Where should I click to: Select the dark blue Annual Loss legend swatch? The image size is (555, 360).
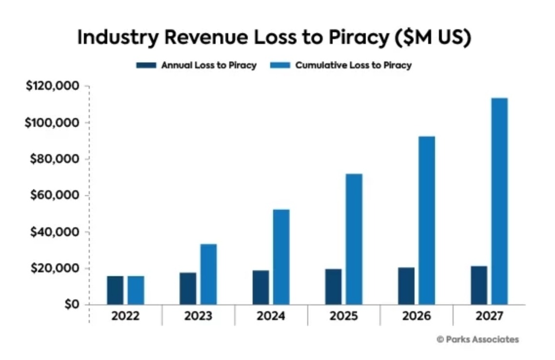(146, 65)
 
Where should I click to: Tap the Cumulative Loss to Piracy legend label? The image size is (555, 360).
(353, 65)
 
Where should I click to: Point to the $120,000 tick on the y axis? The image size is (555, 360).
(52, 86)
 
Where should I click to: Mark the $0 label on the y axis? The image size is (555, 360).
(71, 305)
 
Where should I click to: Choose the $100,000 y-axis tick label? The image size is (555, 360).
(52, 123)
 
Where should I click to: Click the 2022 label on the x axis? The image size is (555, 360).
(125, 316)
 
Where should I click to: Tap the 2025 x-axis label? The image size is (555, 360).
(344, 316)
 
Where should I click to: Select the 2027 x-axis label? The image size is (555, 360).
(489, 316)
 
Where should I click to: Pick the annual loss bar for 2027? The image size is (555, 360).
(478, 285)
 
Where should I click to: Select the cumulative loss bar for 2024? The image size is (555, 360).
(281, 257)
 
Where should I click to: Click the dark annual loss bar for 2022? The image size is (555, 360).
(115, 291)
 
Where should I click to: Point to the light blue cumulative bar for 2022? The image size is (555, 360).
(136, 291)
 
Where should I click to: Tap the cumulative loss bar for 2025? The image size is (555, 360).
(354, 239)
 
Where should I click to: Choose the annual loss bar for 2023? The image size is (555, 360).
(188, 289)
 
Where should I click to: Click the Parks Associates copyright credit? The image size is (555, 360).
(477, 340)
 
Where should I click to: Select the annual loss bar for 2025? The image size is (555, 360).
(333, 287)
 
